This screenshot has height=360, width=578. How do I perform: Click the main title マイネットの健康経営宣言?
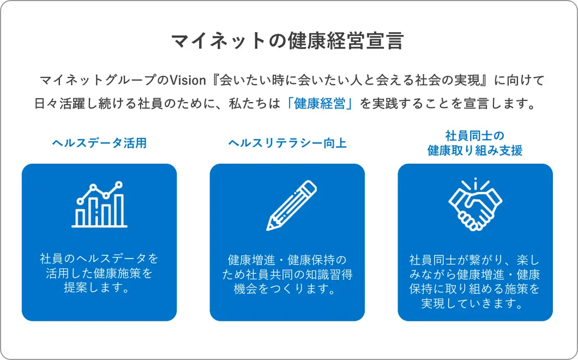287,40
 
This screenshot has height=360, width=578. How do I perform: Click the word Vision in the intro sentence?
188,80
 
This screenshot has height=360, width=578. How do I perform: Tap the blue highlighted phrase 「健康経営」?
320,104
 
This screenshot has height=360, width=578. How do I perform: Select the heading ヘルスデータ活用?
99,143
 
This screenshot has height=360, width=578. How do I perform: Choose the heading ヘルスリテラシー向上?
287,143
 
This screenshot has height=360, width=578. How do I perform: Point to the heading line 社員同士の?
475,136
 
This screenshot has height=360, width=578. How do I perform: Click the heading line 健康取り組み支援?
475,151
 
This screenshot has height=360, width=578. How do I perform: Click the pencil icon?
291,206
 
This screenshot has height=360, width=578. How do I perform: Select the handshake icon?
475,205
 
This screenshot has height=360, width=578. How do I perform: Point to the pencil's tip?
268,229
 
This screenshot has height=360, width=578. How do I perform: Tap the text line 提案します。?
98,287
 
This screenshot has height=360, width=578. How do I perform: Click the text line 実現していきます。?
473,304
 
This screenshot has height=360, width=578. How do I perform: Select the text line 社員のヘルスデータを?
99,259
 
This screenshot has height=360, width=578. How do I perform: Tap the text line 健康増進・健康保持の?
287,260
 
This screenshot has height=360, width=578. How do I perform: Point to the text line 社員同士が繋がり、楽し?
475,260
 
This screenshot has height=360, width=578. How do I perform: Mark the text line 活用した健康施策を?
99,273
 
